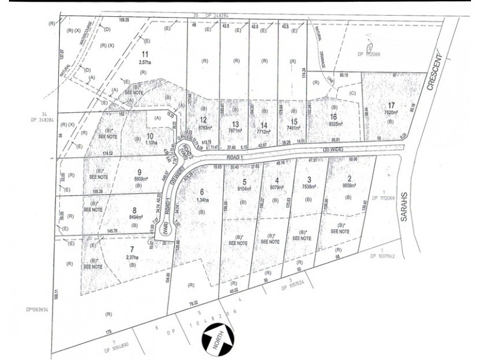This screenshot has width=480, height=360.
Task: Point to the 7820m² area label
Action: point(391,112)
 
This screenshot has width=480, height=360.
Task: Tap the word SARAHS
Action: point(404,212)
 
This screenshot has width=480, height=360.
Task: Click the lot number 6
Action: point(202,191)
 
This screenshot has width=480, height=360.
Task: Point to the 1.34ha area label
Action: point(202,200)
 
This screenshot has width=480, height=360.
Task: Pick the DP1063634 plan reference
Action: point(37,310)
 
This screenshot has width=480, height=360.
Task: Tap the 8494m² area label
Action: point(133,218)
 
